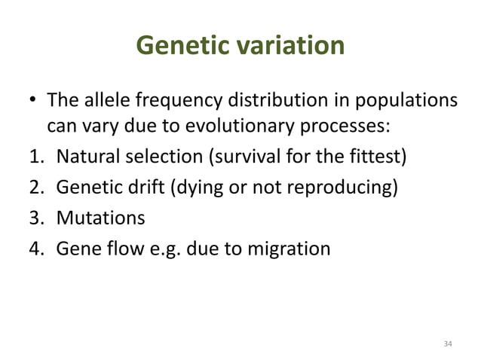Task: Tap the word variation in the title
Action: (x=290, y=47)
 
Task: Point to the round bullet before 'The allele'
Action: (x=32, y=102)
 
